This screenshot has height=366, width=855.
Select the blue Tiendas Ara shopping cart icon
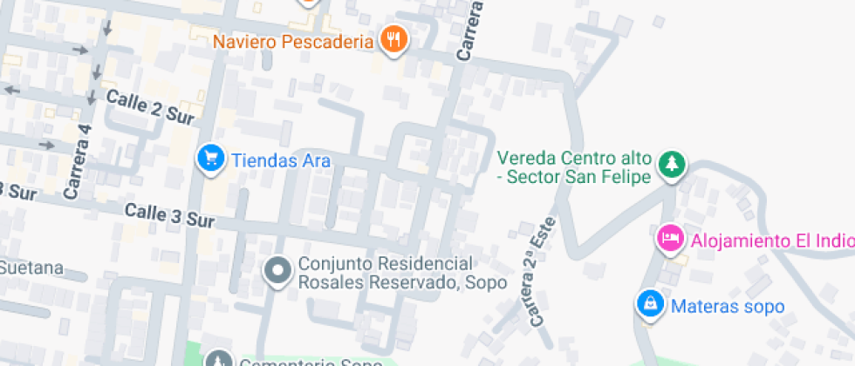[209, 159]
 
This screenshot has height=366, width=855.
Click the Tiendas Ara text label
[280, 160]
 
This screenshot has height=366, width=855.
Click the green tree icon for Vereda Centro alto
[672, 164]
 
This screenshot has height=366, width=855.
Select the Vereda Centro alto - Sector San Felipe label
[574, 167]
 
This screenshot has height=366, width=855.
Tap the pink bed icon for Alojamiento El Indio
[670, 237]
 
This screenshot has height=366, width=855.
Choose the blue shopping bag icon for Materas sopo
[650, 303]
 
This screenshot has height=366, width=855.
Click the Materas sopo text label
[728, 307]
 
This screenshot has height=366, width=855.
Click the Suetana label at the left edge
[31, 267]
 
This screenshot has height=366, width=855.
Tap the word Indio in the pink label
[833, 240]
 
